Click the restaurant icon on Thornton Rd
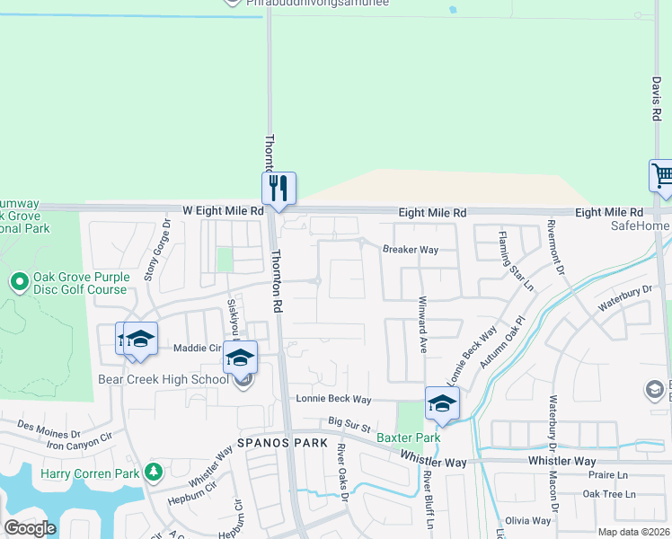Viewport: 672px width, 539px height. [279, 188]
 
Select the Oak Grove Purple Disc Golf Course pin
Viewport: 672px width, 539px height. [19, 282]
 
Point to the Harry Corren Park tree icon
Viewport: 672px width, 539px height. [154, 471]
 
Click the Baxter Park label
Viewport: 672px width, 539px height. [408, 437]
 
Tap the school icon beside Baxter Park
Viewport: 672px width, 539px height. [442, 402]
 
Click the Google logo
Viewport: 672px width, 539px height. [30, 527]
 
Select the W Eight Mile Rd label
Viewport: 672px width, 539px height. [223, 211]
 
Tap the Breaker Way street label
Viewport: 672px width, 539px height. [411, 250]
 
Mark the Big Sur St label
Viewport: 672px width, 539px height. [349, 420]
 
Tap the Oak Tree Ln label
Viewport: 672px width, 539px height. [608, 494]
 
